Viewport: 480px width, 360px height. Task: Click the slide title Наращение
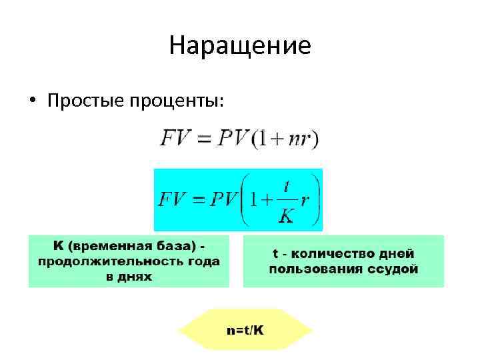[x=240, y=46]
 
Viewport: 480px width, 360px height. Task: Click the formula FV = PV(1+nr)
[x=239, y=140]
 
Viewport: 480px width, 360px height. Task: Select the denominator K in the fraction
[x=287, y=215]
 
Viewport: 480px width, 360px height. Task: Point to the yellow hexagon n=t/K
[x=245, y=329]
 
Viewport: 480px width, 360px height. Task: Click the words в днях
[x=129, y=275]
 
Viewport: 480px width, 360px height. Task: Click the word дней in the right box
[x=396, y=254]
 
